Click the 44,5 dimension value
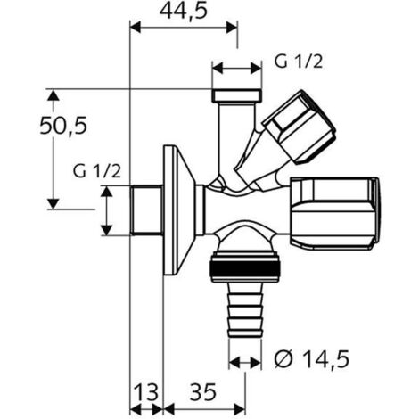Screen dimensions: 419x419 183,12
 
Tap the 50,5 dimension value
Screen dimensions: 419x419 63,126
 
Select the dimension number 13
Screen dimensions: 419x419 146,392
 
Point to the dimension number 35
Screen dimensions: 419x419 203,392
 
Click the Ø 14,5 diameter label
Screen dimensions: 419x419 311,359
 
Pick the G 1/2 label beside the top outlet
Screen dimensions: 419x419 298,62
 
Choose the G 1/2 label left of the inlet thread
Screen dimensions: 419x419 97,171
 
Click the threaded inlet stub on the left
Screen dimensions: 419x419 147,210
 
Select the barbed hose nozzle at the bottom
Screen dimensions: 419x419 245,309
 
